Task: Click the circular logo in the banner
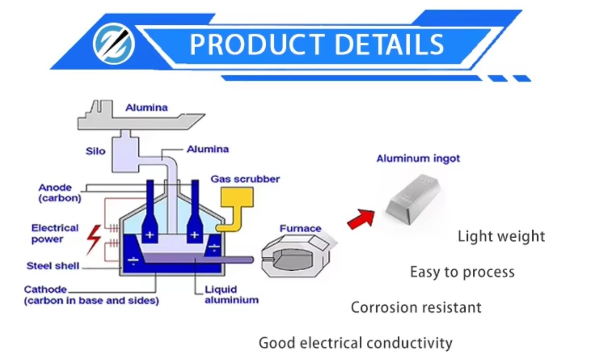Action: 114,44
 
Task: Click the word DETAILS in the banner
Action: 389,44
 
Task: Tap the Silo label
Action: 96,151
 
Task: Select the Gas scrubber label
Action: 245,179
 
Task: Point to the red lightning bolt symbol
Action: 93,239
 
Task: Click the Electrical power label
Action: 54,233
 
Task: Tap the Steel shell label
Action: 53,266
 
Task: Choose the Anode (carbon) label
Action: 60,193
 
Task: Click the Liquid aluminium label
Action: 231,295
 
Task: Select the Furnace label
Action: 300,228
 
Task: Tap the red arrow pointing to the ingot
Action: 362,219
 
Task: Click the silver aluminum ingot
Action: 413,199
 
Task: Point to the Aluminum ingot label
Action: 418,158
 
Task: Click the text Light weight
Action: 501,236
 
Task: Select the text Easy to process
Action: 462,272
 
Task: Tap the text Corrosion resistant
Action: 416,308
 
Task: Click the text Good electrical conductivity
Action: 355,343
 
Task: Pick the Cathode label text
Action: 45,289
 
